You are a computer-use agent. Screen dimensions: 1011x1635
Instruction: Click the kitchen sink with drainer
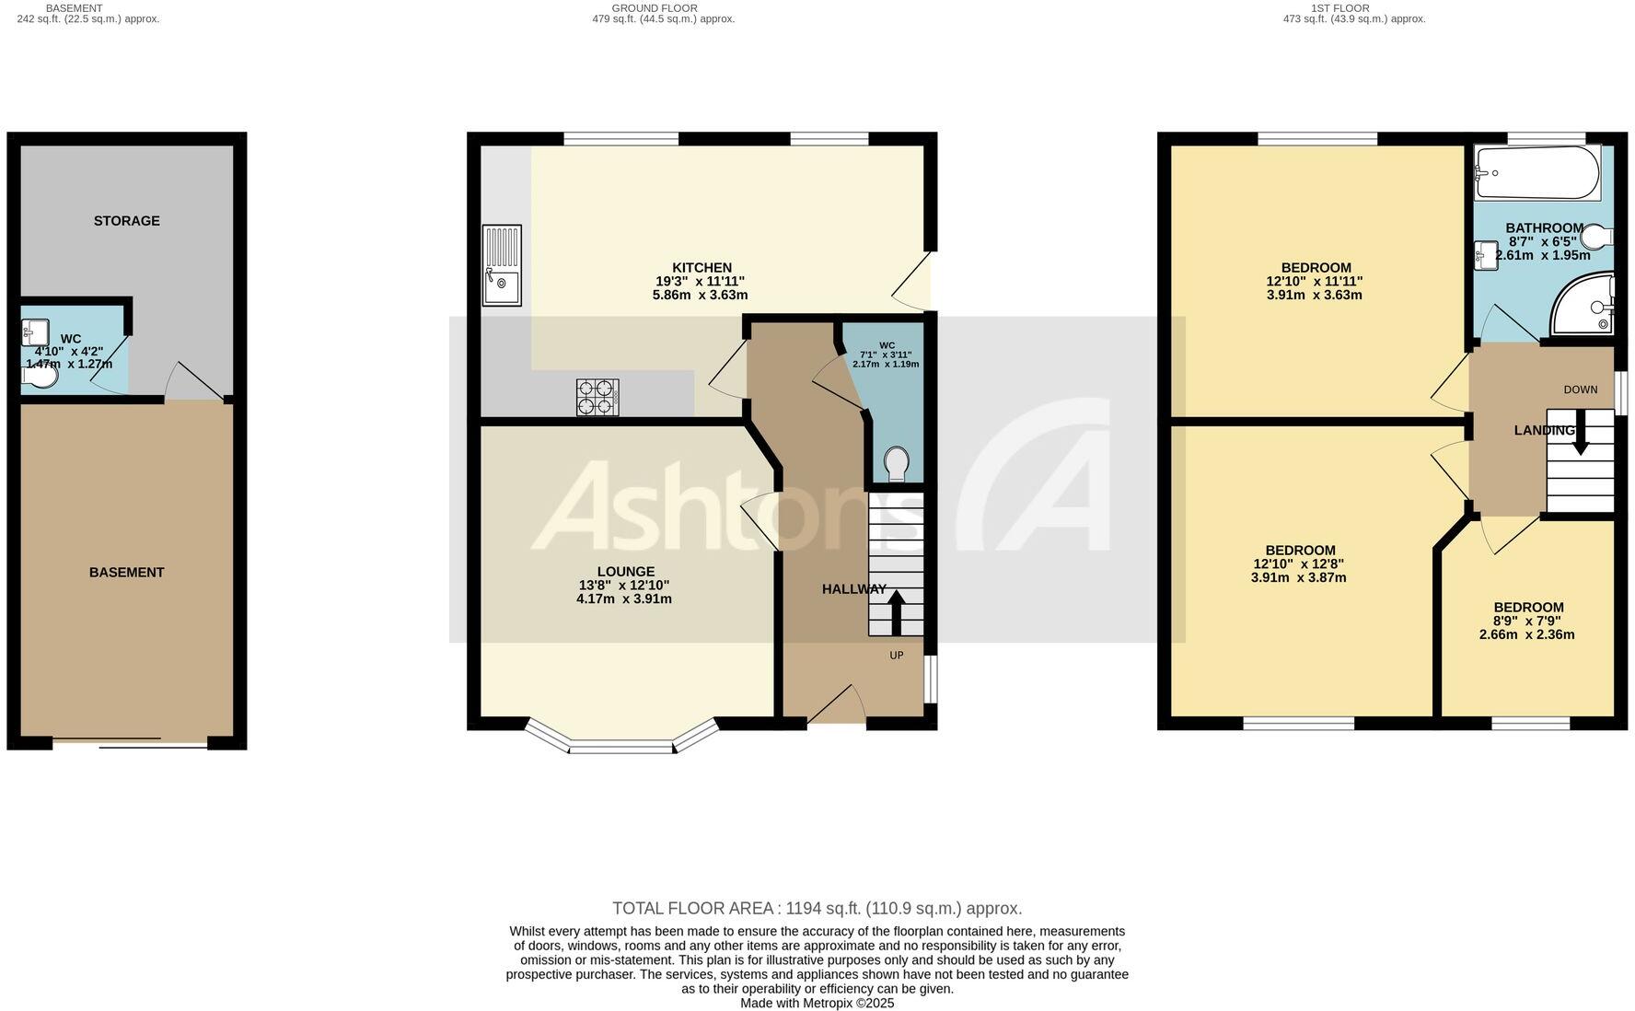(x=502, y=265)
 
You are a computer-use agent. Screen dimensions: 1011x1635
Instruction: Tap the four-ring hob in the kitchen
(x=597, y=398)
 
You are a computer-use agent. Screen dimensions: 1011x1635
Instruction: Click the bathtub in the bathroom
(x=1536, y=172)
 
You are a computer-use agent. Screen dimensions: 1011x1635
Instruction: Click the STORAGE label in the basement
(x=127, y=221)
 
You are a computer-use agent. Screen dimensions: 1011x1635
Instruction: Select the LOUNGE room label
(x=625, y=572)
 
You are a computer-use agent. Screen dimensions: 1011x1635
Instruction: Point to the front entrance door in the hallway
(x=837, y=706)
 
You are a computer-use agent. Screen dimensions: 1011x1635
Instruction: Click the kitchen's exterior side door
(x=914, y=281)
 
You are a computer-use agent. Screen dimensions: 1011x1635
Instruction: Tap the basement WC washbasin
(x=35, y=332)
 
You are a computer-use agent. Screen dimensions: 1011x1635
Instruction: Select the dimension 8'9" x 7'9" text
(x=1528, y=622)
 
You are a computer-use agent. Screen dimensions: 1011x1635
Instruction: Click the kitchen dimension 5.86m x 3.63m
(x=700, y=296)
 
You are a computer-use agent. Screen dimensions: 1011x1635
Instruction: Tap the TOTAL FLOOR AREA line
(x=817, y=909)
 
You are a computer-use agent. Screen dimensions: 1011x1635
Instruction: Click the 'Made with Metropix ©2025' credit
(x=817, y=1004)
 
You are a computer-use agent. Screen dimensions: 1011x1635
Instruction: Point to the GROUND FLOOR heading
(x=654, y=8)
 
